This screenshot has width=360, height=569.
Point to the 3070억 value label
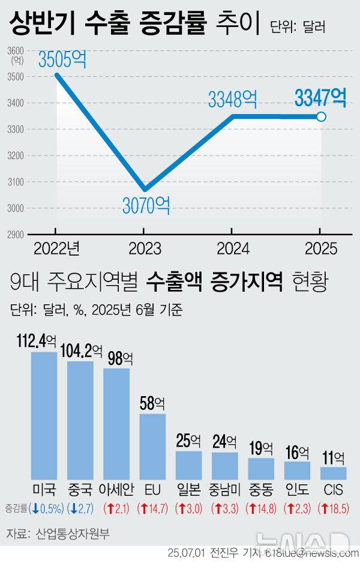pos(146,206)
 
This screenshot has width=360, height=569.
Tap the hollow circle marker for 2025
pos(321,116)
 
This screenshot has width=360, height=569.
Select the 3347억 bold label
pos(320,97)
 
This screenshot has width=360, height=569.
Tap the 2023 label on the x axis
pos(143,247)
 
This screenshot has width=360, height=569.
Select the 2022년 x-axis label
pos(56,247)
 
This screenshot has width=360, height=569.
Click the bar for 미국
pos(44,414)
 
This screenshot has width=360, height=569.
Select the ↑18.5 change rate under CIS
pos(334,509)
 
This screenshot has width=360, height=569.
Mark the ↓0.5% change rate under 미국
pos(46,509)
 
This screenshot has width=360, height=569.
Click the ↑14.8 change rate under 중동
pos(261,509)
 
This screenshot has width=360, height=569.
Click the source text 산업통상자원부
pos(73,533)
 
